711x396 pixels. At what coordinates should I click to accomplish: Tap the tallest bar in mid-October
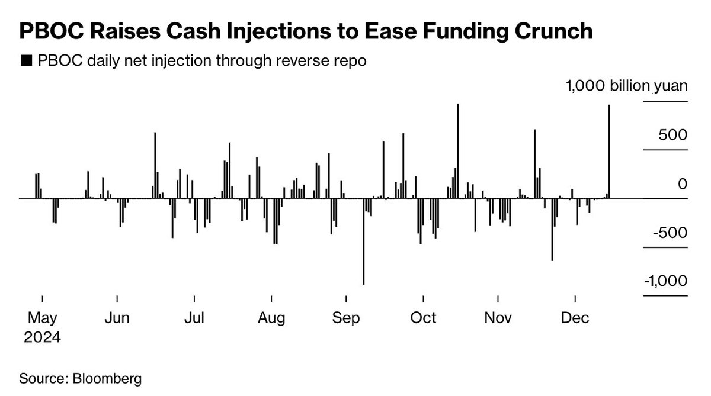tap(458, 151)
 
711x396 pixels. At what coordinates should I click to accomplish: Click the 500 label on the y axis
tap(672, 135)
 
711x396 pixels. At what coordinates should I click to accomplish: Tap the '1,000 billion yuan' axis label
tap(626, 86)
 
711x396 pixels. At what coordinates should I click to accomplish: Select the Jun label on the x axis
tap(117, 318)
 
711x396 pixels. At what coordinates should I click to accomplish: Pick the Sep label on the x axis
tap(346, 318)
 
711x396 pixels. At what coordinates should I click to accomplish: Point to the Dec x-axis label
tap(575, 318)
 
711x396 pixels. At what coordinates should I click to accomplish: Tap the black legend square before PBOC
tap(26, 62)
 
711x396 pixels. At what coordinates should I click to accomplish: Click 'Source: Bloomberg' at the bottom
tap(81, 378)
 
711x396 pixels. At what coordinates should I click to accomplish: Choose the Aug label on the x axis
tap(271, 318)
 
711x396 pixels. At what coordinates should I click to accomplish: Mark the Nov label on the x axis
tap(498, 318)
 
